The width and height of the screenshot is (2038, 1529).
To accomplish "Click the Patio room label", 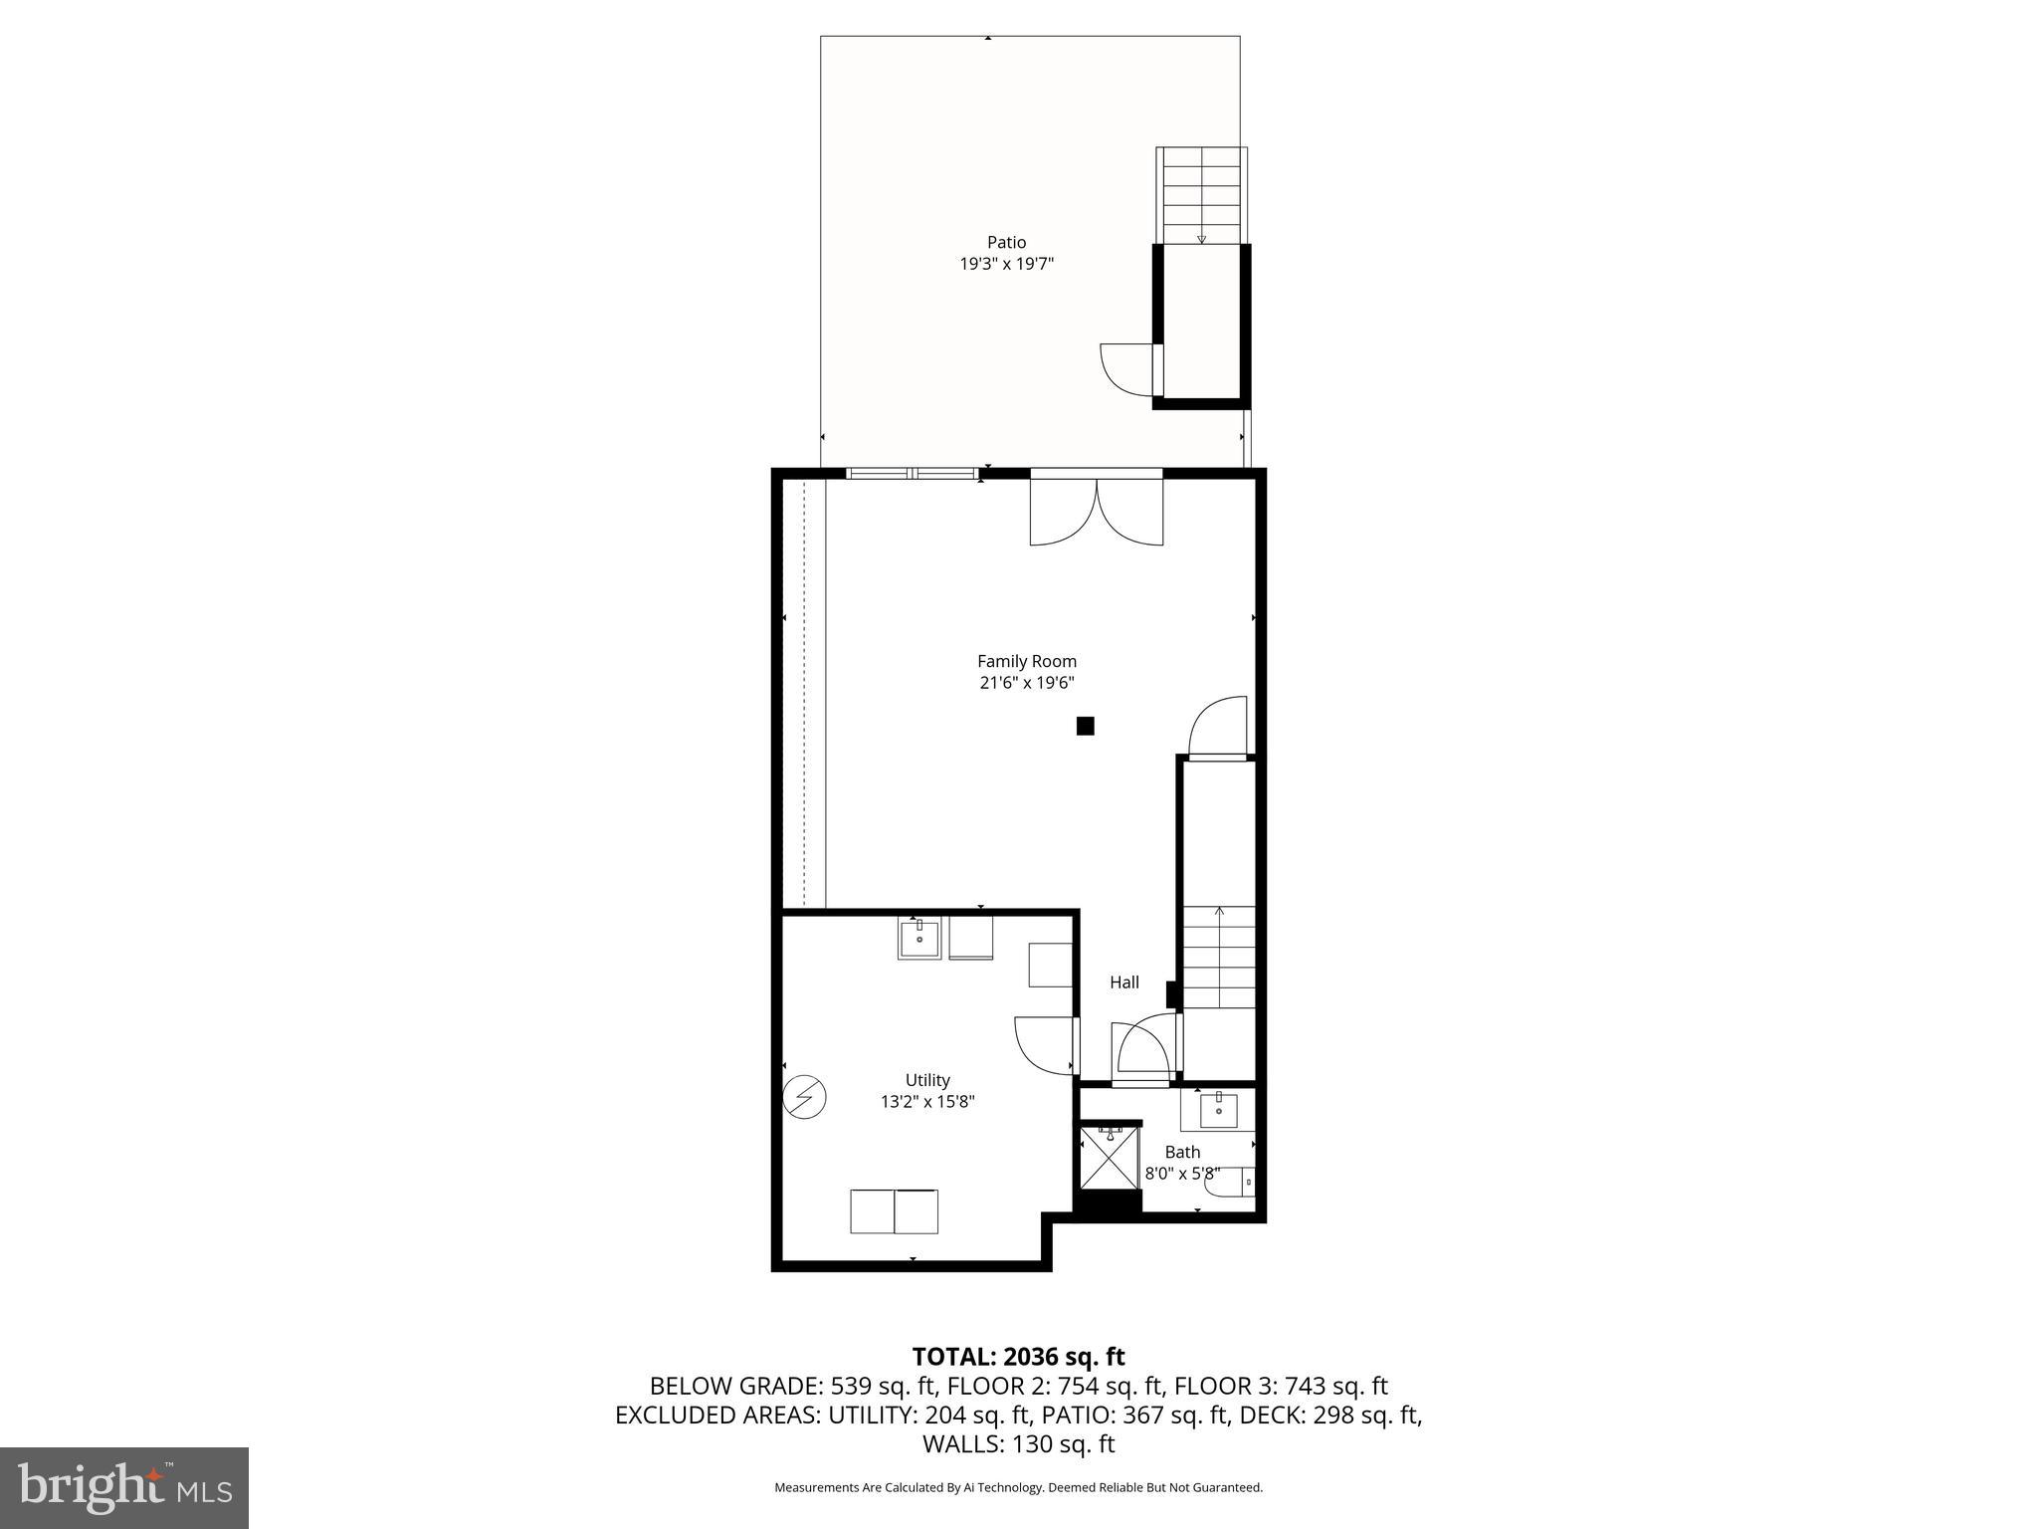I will coord(1006,242).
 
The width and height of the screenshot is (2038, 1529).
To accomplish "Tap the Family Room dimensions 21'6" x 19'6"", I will coord(1027,683).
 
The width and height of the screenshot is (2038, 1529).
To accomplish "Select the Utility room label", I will coord(927,1080).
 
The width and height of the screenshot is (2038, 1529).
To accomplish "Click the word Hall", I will coord(1124,983).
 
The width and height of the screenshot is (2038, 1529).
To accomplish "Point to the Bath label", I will coord(1182,1152).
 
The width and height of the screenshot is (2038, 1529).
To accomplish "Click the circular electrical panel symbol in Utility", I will coord(804,1097).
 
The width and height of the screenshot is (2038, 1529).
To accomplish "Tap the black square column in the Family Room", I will coord(1085,726).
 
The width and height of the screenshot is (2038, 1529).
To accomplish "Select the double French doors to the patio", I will coord(1096,511).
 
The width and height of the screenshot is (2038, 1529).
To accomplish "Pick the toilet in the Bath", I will coord(1230,1183).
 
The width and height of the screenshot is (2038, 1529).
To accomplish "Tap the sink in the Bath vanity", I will coord(1218,1109).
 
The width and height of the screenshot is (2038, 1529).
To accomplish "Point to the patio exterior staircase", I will coord(1201,195).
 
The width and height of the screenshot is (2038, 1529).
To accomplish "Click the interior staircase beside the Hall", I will coord(1219,958).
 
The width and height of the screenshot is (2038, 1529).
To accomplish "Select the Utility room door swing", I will coord(1043,1044).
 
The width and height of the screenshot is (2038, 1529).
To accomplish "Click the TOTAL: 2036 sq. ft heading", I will coord(1018,1357).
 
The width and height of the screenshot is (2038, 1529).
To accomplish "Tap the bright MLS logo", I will coord(124,1487).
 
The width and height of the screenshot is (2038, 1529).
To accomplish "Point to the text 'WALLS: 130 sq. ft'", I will coord(1018,1443).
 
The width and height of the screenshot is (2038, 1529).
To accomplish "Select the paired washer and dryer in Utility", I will coord(894,1211).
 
